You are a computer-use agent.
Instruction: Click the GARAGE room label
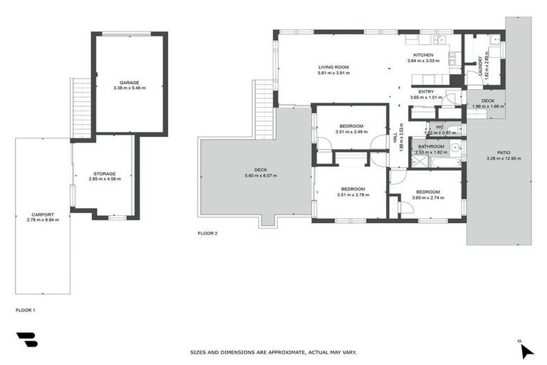129,82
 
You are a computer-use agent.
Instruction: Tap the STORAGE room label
104,173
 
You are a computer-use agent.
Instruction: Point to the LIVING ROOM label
333,67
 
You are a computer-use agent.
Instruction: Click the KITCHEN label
423,55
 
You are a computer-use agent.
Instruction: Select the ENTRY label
426,91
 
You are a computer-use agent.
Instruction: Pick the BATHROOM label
431,146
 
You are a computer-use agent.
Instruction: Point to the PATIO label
504,153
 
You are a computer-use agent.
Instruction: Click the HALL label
395,138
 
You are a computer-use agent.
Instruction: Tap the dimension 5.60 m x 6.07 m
261,175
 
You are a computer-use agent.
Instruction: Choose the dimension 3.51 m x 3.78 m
351,193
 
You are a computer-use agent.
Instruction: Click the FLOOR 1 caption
25,310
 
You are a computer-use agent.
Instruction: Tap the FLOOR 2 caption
207,233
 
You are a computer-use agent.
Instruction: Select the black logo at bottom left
26,340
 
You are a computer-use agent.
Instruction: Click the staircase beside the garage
81,107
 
